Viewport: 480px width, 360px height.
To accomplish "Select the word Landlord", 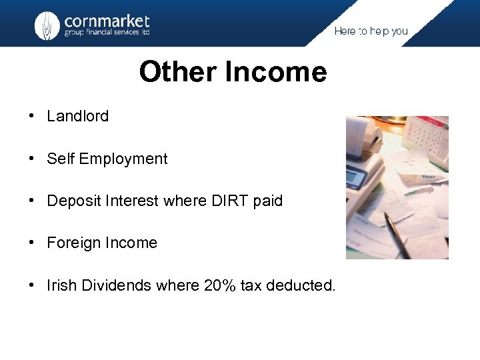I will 77,116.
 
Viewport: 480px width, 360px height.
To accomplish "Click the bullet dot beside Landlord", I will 31,116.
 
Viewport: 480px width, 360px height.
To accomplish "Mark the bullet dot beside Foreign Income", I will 31,243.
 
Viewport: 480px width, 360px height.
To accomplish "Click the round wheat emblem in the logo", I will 47,25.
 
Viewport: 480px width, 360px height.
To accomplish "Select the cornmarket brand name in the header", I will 107,21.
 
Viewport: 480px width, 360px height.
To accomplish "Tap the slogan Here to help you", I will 371,31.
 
